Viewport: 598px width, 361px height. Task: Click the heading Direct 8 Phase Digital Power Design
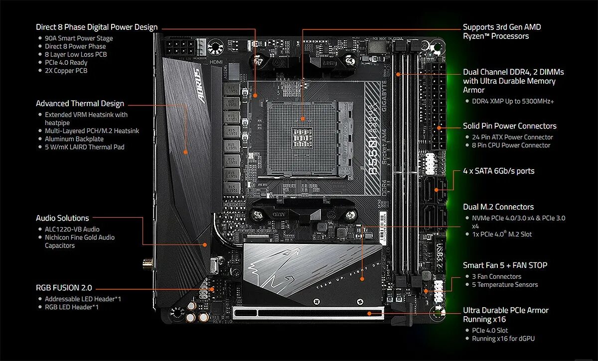[x=97, y=27]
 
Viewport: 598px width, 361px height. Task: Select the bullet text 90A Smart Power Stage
[x=79, y=38]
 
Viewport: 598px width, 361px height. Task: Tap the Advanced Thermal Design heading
[x=80, y=104]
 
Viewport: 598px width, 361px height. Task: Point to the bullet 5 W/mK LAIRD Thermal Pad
[x=84, y=147]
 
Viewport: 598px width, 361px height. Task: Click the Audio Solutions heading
[x=62, y=218]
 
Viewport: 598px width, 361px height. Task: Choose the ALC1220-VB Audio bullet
[x=72, y=230]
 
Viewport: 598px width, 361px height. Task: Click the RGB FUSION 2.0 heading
[x=64, y=288]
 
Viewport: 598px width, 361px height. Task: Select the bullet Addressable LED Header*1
[x=83, y=299]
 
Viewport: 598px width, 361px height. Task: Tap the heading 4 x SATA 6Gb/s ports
[x=498, y=171]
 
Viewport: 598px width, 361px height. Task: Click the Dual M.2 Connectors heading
[x=498, y=207]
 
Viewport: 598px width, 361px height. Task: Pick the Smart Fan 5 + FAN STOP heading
[x=505, y=265]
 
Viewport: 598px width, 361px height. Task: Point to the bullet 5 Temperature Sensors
[x=505, y=285]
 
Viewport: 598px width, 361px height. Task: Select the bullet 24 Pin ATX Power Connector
[x=512, y=137]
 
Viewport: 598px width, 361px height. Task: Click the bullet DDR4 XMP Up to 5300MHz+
[x=513, y=101]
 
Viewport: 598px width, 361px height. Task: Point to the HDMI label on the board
[x=216, y=62]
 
